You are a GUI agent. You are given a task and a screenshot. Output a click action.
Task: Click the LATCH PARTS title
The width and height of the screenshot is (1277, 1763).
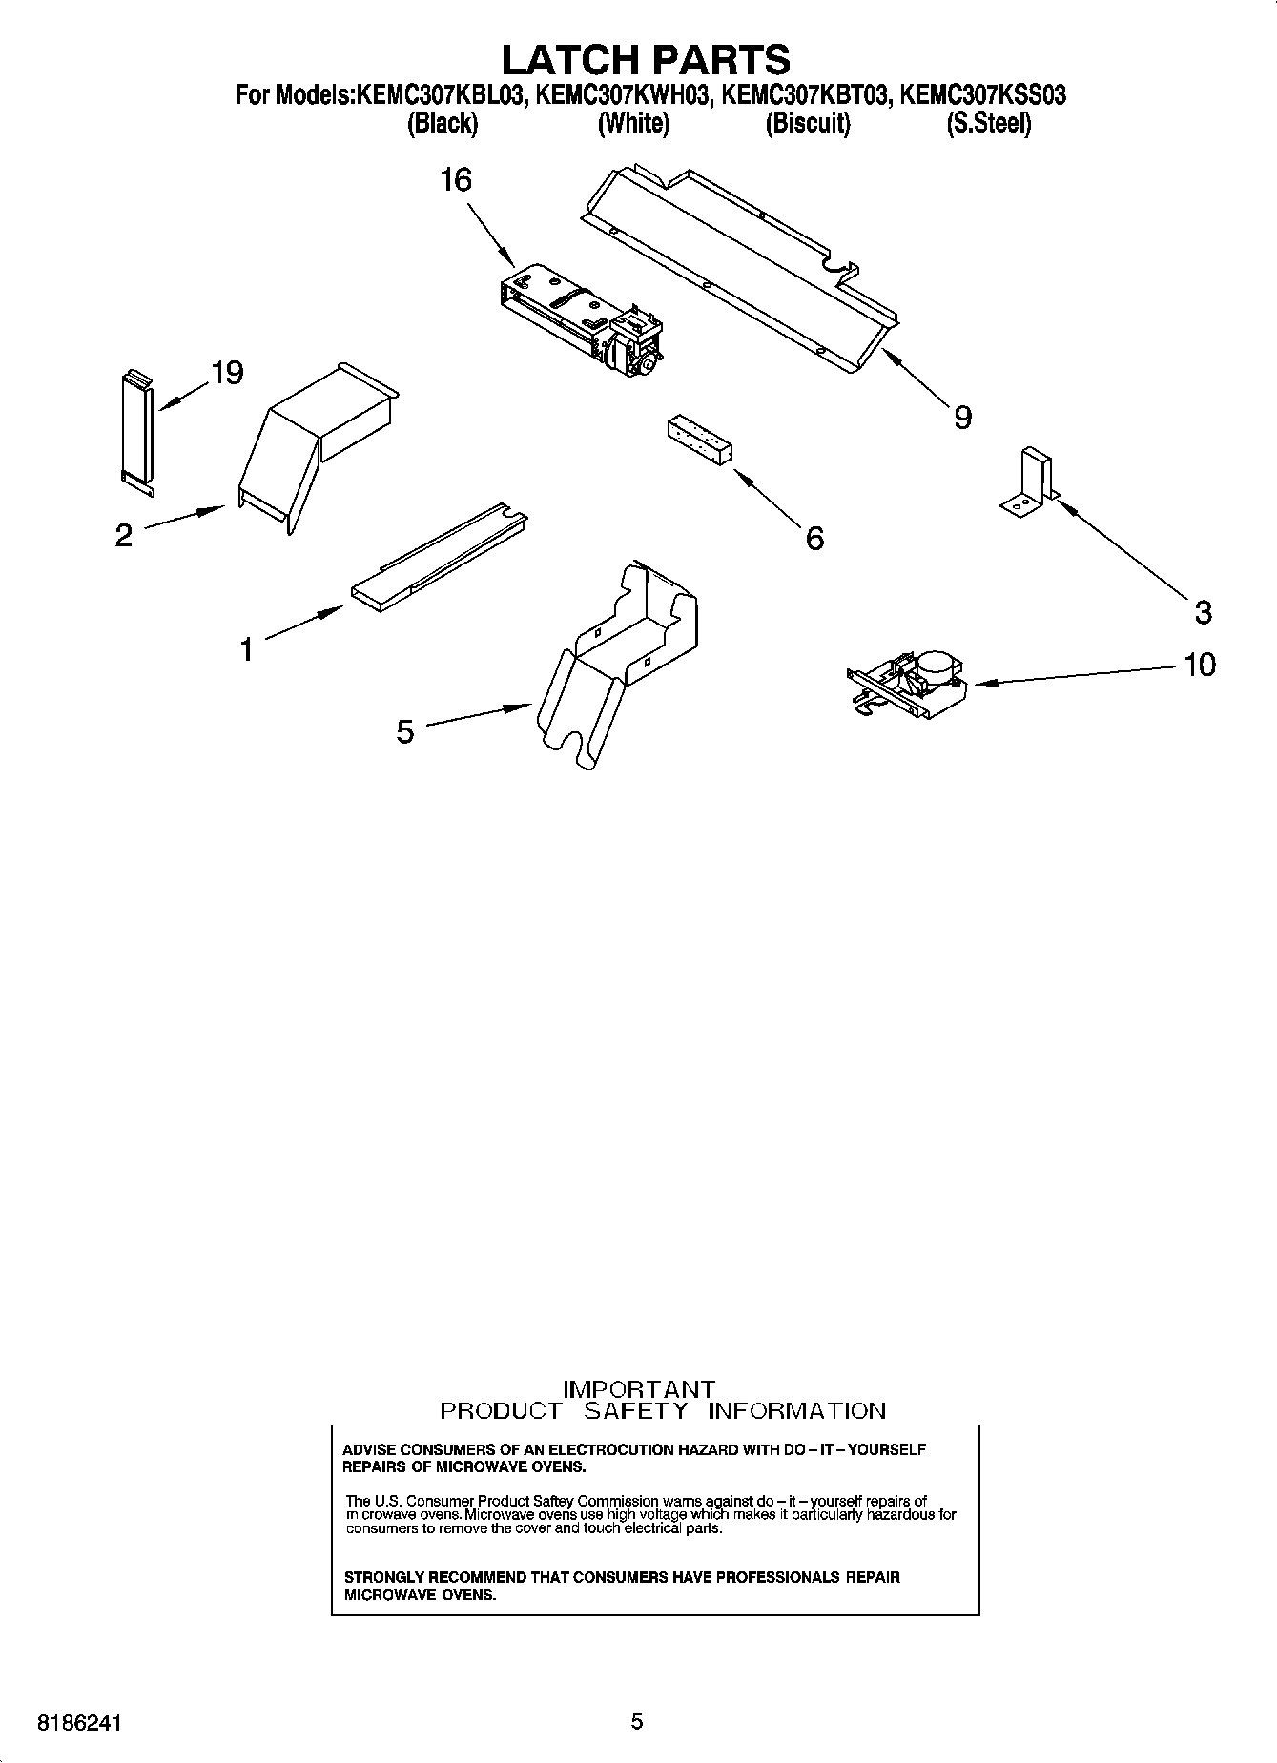[646, 59]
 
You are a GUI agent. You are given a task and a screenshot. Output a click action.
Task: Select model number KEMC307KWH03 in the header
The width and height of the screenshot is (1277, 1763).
[622, 95]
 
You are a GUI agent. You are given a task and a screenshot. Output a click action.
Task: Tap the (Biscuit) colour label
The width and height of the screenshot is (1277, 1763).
[807, 124]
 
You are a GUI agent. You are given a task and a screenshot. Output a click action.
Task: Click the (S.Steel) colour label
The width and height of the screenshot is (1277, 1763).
[988, 124]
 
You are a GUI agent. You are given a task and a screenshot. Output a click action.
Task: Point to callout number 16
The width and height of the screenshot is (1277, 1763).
[456, 179]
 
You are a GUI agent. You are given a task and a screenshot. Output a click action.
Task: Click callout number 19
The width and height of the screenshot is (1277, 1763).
[227, 373]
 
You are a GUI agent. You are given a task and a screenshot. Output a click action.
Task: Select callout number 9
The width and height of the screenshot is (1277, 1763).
[962, 417]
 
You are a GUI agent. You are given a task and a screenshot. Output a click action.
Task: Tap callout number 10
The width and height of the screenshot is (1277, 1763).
[1200, 664]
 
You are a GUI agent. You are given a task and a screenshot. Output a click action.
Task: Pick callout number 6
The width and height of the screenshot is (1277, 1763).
[814, 539]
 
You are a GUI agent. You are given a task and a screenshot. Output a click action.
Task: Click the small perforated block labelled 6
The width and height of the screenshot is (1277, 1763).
[700, 441]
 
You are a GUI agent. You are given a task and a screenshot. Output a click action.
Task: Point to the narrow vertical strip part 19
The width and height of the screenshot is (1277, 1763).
[135, 430]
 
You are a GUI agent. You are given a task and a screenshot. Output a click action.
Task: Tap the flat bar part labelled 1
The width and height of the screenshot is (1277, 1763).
[439, 559]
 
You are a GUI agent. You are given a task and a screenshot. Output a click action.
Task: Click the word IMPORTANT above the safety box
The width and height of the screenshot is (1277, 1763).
[638, 1389]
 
